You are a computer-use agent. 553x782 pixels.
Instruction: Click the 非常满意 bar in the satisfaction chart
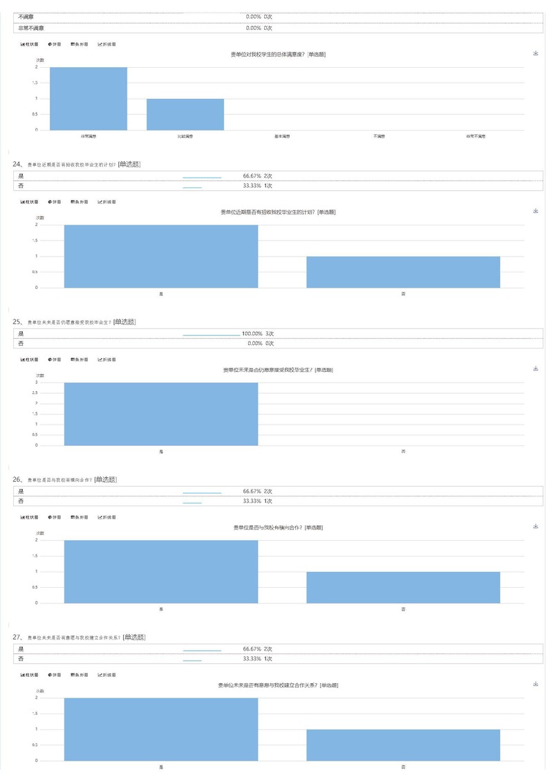(88, 98)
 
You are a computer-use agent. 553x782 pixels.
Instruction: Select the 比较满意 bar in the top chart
(185, 114)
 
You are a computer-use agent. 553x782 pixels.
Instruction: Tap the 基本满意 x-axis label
(282, 136)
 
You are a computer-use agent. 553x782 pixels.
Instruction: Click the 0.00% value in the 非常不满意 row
(253, 28)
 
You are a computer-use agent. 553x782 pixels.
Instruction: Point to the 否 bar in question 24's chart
(403, 272)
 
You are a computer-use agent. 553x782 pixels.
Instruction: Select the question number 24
(18, 165)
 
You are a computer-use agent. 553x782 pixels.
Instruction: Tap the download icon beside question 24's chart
(536, 211)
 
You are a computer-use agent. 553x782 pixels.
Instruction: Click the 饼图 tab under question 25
(54, 360)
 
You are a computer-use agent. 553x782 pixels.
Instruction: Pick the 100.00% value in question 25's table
(252, 333)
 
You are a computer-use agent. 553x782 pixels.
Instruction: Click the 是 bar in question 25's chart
(161, 413)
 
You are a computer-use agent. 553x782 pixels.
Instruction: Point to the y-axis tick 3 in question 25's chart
(37, 382)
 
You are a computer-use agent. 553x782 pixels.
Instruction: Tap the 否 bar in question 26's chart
(403, 587)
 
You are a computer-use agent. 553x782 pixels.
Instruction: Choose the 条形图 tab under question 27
(79, 675)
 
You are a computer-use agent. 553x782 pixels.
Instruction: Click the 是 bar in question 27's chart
(161, 729)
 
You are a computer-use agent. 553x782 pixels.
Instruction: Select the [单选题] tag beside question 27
(133, 637)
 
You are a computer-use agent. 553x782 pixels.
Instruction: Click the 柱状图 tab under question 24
(29, 202)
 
